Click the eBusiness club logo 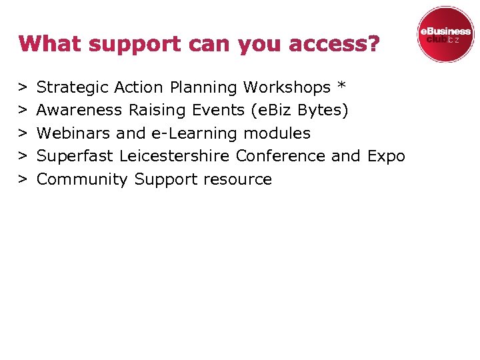coord(445,35)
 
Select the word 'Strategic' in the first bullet coord(73,87)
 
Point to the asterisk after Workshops coord(342,86)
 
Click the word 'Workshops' coord(287,87)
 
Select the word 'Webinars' coord(74,133)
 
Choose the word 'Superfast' coord(75,156)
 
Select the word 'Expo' coord(386,157)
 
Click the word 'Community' coord(82,179)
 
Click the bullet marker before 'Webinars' coord(23,133)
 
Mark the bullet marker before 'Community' coord(23,179)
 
